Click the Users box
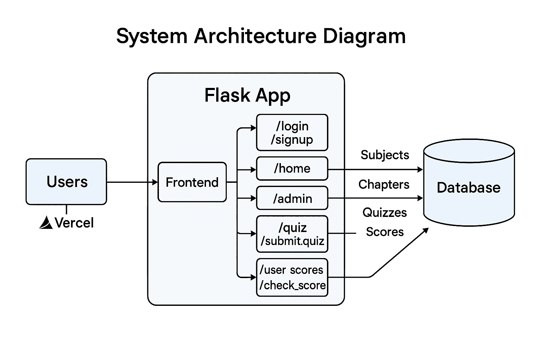(x=66, y=181)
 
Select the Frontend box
(x=192, y=182)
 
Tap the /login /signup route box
(x=292, y=133)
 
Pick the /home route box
(x=292, y=169)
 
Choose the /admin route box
(x=292, y=199)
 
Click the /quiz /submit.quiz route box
(x=292, y=234)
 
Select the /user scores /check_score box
(x=292, y=277)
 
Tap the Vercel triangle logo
(x=46, y=223)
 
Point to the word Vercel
(x=74, y=223)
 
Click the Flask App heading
(x=247, y=95)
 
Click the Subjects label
(x=385, y=155)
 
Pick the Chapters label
(x=384, y=185)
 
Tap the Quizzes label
(x=384, y=213)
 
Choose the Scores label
(x=385, y=232)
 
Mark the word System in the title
(x=152, y=36)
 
